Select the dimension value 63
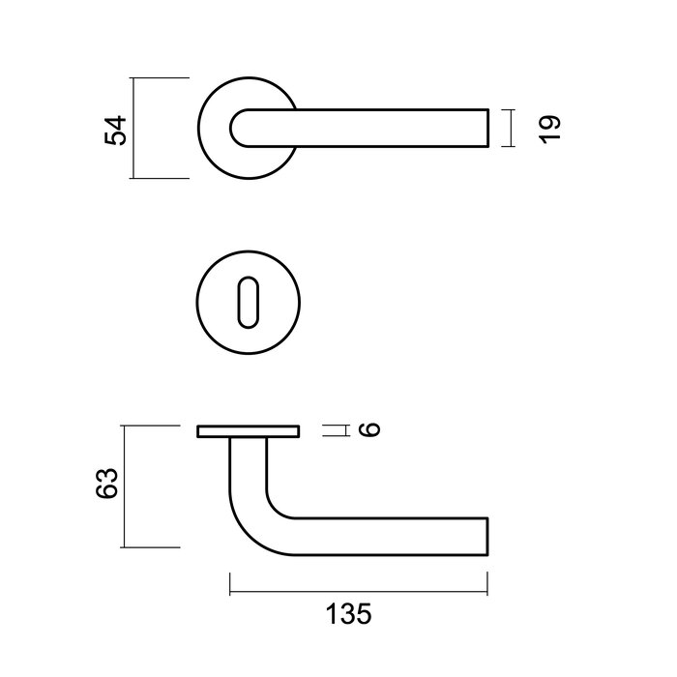pos(109,484)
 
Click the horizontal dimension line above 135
pos(358,583)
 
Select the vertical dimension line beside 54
pos(132,129)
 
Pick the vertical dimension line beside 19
pos(509,129)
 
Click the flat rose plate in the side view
pos(248,430)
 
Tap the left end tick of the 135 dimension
pos(230,583)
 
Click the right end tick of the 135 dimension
pos(486,583)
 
